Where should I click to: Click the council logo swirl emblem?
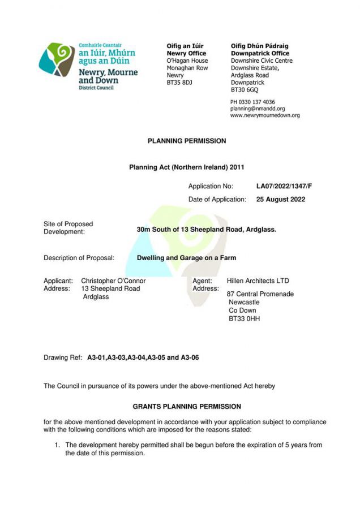click(x=57, y=59)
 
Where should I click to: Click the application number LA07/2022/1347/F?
click(x=284, y=186)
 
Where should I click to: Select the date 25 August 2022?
click(x=280, y=199)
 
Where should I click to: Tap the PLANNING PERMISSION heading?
click(x=187, y=141)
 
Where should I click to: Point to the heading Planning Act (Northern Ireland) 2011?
click(x=187, y=167)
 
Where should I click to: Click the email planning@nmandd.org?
click(x=258, y=109)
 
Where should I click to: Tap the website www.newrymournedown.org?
click(x=265, y=115)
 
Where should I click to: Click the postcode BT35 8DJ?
click(x=180, y=83)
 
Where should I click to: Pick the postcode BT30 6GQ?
click(x=245, y=90)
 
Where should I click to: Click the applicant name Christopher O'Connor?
click(x=113, y=281)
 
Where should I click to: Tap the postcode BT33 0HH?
click(x=244, y=318)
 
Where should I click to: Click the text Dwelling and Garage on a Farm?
click(x=186, y=258)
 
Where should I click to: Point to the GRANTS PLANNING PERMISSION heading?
click(x=187, y=407)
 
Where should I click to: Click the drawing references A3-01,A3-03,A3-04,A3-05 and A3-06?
click(x=143, y=358)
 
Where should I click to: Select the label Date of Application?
click(x=217, y=199)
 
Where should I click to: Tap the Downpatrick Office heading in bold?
click(x=260, y=53)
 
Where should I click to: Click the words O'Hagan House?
click(x=187, y=61)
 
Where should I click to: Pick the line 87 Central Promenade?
click(x=260, y=294)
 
